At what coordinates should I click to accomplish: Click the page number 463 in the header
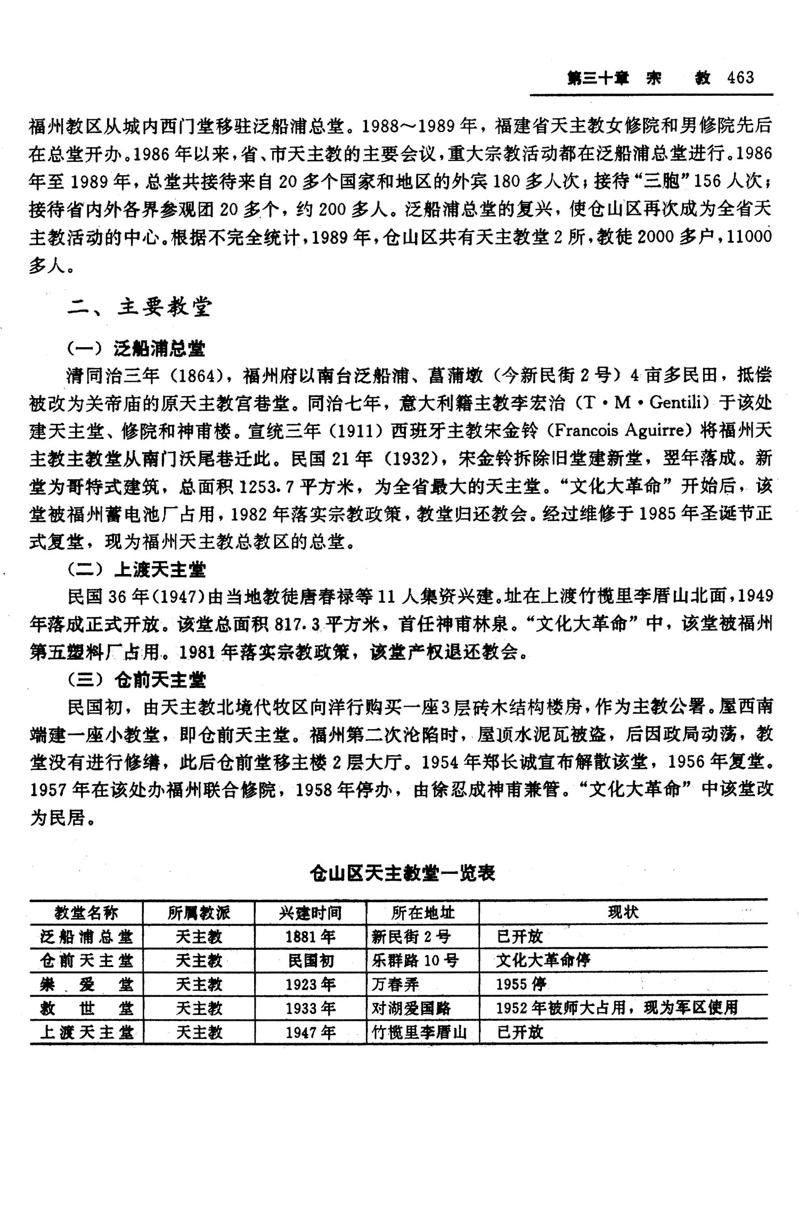[x=740, y=78]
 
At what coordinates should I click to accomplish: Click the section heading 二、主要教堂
[x=140, y=307]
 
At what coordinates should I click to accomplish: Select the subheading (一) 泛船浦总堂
[x=136, y=349]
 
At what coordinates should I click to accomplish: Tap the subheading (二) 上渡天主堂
[x=136, y=570]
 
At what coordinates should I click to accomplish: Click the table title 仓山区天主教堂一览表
[x=403, y=873]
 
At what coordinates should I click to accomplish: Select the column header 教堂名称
[x=86, y=913]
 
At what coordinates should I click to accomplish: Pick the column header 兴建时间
[x=310, y=913]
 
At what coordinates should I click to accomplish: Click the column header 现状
[x=623, y=913]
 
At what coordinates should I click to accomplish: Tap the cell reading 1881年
[x=310, y=937]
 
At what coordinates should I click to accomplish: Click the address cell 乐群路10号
[x=415, y=961]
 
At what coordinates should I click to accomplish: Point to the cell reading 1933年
[x=310, y=1008]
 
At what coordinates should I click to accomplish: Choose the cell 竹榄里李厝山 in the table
[x=420, y=1033]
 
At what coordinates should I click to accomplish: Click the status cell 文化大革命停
[x=543, y=961]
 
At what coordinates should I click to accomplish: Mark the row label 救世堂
[x=86, y=1008]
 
